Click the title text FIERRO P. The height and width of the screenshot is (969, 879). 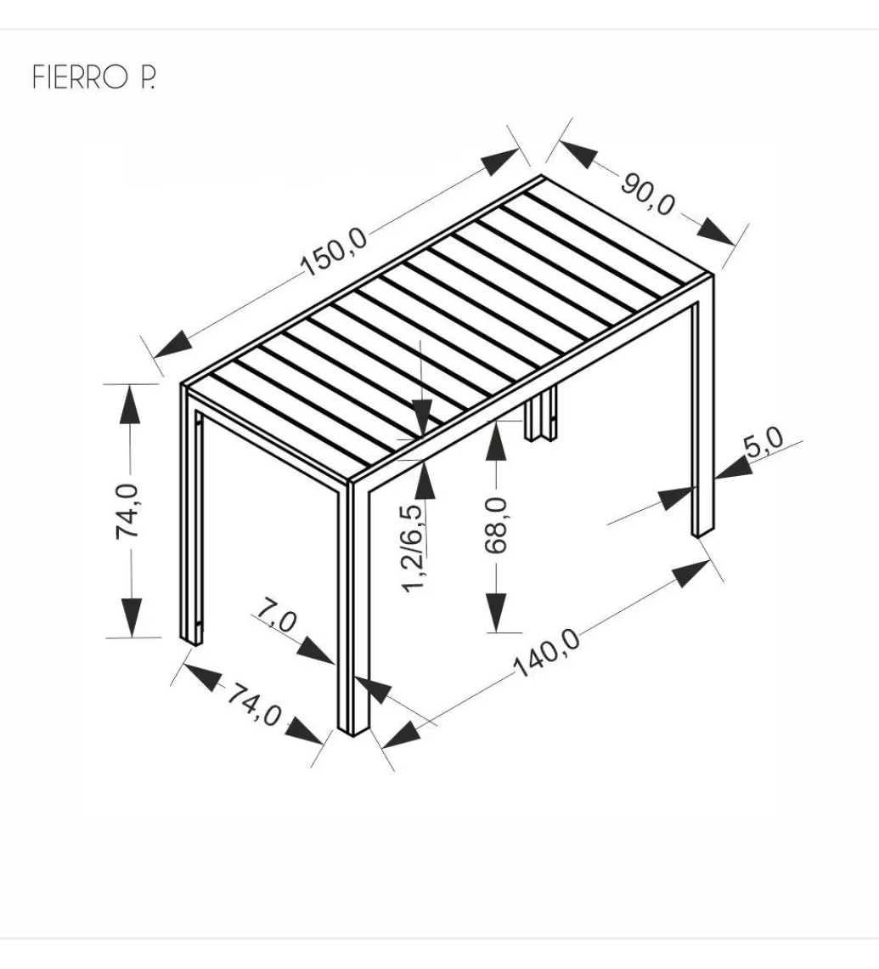[x=93, y=77]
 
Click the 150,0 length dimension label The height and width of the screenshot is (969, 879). [x=335, y=252]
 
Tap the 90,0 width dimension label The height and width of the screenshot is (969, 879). [x=647, y=195]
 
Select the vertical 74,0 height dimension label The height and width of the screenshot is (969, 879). [x=127, y=512]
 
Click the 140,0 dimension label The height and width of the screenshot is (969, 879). [x=547, y=653]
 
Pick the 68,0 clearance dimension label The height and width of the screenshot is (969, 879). [x=496, y=524]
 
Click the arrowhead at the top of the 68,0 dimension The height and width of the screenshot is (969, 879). [x=496, y=440]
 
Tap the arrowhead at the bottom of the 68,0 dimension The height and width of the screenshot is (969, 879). [x=496, y=612]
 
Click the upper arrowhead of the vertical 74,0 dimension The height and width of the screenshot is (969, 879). [x=130, y=404]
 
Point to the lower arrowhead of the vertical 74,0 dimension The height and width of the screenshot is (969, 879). [x=130, y=617]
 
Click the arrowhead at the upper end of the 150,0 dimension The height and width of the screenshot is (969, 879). [x=500, y=161]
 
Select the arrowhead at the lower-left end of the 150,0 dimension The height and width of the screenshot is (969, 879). [x=173, y=344]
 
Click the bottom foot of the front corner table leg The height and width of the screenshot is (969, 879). [x=353, y=730]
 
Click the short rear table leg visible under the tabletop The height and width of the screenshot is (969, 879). [x=541, y=413]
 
